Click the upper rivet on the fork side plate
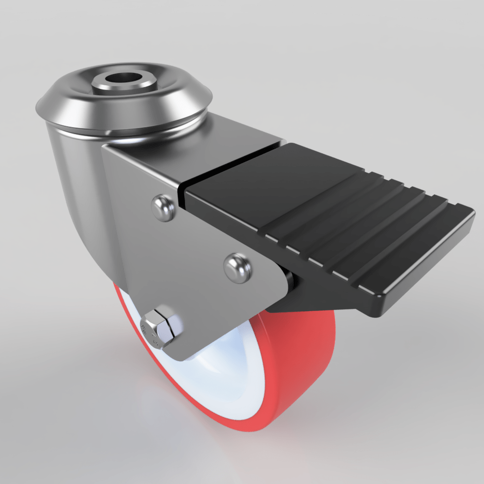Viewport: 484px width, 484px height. point(164,207)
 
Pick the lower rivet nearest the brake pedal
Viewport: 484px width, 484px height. point(237,267)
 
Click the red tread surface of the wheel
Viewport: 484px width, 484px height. point(305,368)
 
